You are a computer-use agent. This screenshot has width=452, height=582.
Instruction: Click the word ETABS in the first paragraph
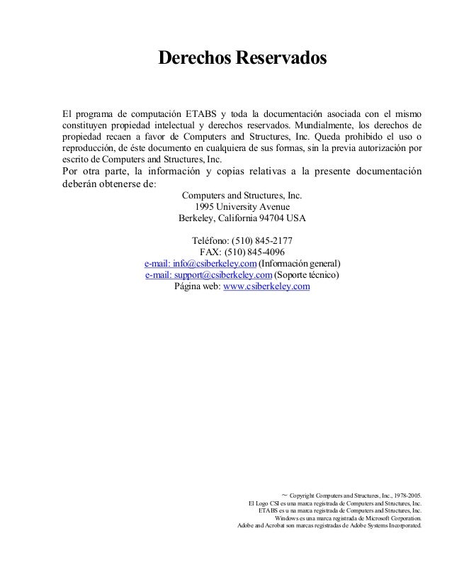tap(202, 115)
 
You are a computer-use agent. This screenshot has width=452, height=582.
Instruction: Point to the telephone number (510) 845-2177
tap(257, 240)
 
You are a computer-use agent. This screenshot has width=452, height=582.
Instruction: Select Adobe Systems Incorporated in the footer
tap(382, 527)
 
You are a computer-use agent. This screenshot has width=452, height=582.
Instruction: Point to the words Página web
tap(196, 286)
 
